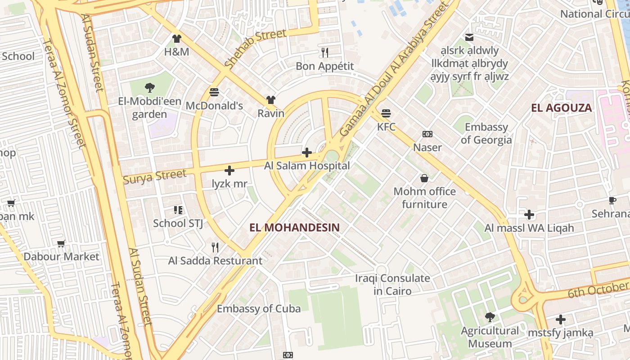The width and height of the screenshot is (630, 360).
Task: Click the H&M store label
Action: point(176,52)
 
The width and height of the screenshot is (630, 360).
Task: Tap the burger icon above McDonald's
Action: point(214,92)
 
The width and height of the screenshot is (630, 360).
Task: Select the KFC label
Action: point(386,127)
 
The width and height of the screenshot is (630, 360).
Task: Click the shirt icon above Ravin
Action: point(270,99)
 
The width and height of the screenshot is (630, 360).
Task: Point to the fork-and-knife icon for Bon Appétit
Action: point(325,53)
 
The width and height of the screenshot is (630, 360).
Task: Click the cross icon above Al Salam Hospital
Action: point(307,153)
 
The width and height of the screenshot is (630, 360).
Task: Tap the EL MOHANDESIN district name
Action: point(295,228)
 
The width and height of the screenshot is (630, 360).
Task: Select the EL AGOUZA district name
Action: point(561,108)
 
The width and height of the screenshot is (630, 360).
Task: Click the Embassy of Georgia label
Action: point(486,133)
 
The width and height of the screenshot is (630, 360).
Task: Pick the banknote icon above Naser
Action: point(427,134)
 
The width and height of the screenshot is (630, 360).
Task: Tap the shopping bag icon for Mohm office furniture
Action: point(424,178)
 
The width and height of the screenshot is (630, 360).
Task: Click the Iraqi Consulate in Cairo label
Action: point(392,284)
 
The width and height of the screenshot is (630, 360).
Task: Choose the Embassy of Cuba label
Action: point(259,309)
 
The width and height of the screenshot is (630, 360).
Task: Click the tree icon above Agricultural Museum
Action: point(490,317)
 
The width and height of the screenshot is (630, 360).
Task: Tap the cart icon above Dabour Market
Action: point(61,243)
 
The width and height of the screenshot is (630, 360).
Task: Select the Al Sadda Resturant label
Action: point(215,261)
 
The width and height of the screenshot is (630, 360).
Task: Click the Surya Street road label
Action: point(154,176)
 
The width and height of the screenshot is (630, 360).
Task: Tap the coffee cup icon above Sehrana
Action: point(612,200)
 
